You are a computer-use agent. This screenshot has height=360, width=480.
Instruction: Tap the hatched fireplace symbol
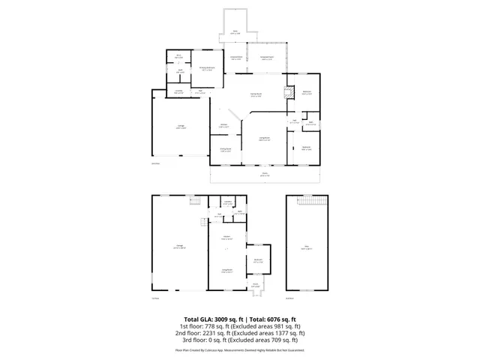tap(286, 94)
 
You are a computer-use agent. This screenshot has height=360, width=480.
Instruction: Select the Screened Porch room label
tap(266, 58)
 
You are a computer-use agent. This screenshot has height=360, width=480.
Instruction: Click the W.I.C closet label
tap(180, 57)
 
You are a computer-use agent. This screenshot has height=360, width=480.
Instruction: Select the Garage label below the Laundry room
tap(180, 128)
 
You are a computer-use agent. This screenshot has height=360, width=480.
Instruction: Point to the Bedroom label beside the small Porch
tap(257, 261)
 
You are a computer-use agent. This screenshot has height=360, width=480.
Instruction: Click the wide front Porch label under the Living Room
tap(265, 175)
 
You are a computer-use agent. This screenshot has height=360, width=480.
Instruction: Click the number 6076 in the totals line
tap(274, 319)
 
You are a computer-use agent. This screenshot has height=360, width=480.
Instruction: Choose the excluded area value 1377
tap(280, 333)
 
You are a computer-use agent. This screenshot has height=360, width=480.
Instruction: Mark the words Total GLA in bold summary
tap(198, 319)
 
